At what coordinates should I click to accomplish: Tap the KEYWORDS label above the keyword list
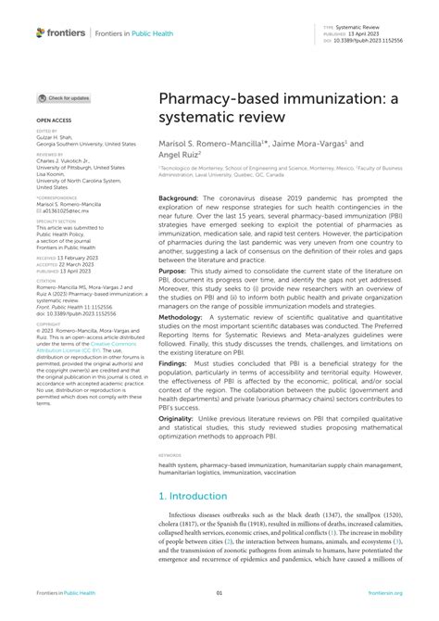169,483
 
